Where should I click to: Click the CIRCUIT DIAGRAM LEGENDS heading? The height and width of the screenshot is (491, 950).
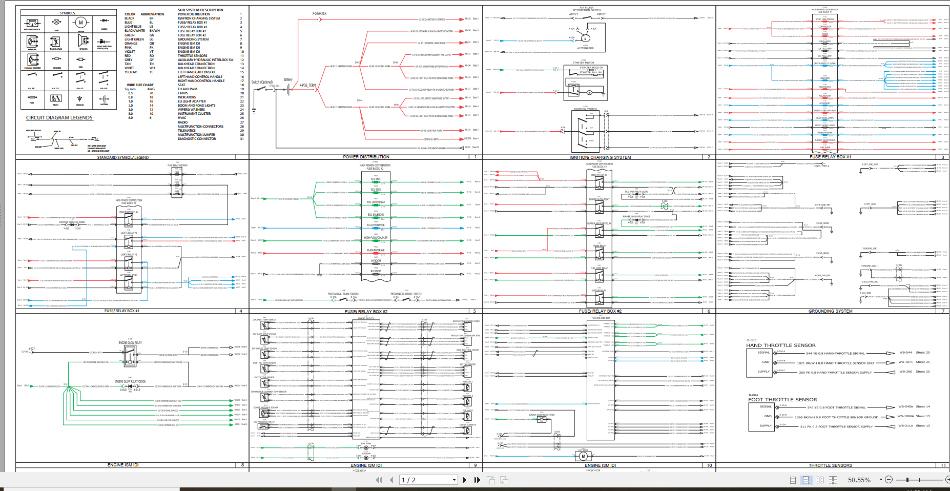pos(59,118)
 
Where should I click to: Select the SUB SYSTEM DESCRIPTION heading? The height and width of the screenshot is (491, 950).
pos(200,10)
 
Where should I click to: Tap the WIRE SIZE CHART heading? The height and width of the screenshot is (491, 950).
pos(140,85)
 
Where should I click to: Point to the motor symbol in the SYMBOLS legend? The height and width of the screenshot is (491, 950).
pos(80,23)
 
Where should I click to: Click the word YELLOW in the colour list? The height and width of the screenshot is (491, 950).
pos(131,72)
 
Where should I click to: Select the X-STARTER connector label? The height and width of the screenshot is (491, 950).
pos(319,13)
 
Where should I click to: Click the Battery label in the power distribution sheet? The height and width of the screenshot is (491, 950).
pos(288,79)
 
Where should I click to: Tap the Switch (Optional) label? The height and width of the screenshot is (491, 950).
pos(262,82)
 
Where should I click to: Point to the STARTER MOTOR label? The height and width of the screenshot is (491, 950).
pos(583,63)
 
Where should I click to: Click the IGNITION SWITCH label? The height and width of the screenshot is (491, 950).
pos(586,109)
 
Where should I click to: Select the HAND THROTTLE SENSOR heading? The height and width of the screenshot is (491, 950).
pos(781,345)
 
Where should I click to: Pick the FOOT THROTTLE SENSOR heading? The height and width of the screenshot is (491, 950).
pos(782,400)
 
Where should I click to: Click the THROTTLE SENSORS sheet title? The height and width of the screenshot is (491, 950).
pos(830,465)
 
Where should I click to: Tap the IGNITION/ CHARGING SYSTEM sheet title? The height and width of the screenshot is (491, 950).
pos(600,157)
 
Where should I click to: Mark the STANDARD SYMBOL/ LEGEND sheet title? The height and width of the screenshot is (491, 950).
pos(123,157)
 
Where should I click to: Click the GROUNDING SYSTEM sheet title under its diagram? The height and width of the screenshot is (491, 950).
pos(830,311)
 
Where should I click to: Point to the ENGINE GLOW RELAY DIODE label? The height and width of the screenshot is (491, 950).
pos(130,382)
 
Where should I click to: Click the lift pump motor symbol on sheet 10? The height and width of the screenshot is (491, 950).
pos(583,456)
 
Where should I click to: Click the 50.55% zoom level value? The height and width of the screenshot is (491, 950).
pos(859,480)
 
